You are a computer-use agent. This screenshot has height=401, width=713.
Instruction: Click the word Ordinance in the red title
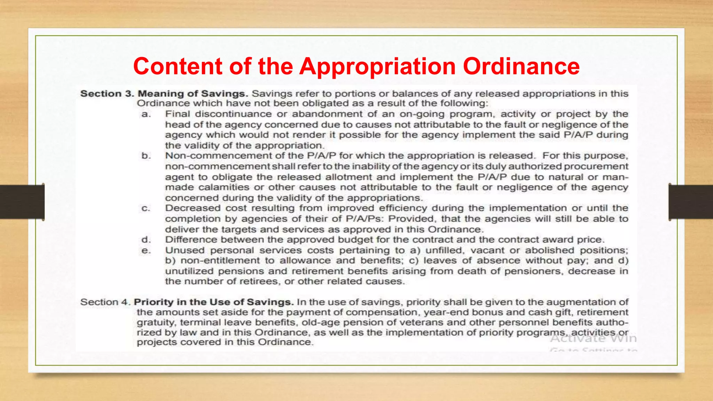pyautogui.click(x=521, y=66)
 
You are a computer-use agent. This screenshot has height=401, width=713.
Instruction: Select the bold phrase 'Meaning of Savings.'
pyautogui.click(x=193, y=94)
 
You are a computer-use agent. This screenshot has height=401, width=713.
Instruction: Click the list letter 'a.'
pyautogui.click(x=146, y=114)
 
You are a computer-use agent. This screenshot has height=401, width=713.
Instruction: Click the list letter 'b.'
pyautogui.click(x=146, y=156)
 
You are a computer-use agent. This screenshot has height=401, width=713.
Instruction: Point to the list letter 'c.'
pyautogui.click(x=146, y=208)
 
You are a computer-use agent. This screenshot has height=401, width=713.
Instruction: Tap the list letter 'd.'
pyautogui.click(x=146, y=240)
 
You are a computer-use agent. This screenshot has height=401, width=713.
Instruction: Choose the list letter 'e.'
pyautogui.click(x=146, y=250)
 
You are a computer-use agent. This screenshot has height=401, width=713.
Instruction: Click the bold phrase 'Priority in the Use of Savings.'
pyautogui.click(x=213, y=302)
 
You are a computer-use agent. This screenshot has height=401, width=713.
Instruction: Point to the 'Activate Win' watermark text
pyautogui.click(x=593, y=339)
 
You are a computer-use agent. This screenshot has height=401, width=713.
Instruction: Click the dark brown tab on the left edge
pyautogui.click(x=22, y=202)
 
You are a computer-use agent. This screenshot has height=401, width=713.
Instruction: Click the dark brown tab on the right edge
pyautogui.click(x=691, y=202)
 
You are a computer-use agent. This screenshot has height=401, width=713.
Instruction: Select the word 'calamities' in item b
pyautogui.click(x=224, y=187)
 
